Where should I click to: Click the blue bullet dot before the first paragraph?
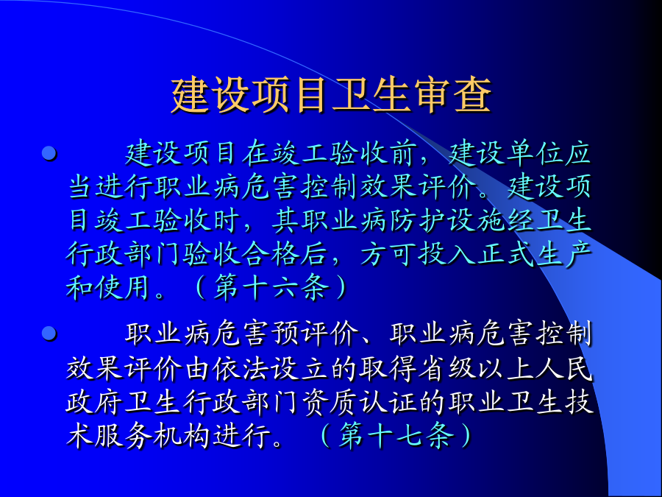point(49,152)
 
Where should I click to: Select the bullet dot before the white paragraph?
point(49,334)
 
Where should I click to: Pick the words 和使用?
point(109,288)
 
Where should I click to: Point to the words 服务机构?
point(153,435)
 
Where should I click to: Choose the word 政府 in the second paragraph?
point(94,402)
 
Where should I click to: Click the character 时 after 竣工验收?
point(226,221)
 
